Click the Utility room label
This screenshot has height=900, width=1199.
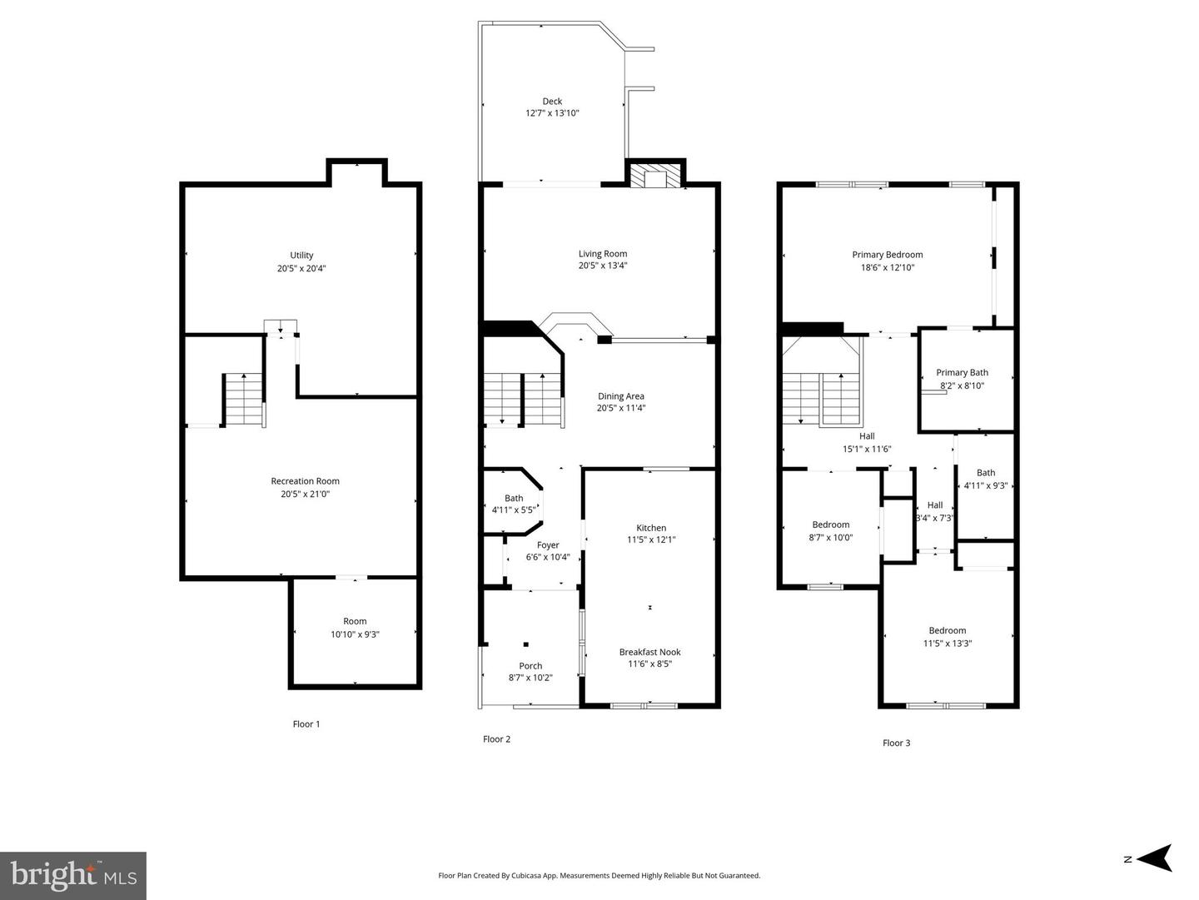coord(301,255)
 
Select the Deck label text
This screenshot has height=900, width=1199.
coord(552,101)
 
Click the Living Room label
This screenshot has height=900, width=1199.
coord(603,253)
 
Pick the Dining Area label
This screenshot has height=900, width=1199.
coord(621,396)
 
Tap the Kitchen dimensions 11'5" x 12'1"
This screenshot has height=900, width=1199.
coord(651,540)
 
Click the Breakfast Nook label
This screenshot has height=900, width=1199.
coord(650,652)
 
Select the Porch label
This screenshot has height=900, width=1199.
coord(530,666)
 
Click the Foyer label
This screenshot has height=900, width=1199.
coord(548,545)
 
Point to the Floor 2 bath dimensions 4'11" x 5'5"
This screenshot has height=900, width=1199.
coord(514,510)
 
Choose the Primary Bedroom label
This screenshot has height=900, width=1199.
coord(888,255)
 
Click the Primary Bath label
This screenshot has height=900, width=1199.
coord(963,372)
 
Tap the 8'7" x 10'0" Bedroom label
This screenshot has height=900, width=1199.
coord(831,525)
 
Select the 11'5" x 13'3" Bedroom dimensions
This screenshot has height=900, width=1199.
coord(948,644)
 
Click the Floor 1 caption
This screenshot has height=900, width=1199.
coord(306,724)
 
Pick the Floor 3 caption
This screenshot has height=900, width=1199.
coord(897,743)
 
